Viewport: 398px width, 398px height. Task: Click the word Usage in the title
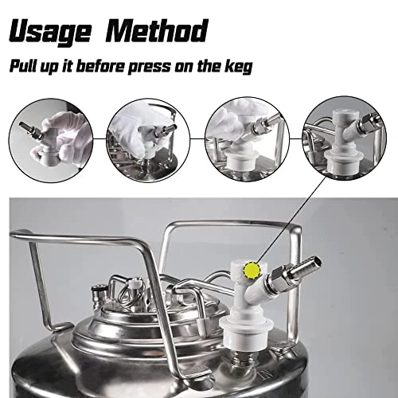click(x=49, y=31)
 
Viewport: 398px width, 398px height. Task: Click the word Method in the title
click(x=157, y=30)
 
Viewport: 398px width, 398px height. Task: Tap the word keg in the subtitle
click(x=239, y=67)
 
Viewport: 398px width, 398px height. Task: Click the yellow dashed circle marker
click(x=252, y=271)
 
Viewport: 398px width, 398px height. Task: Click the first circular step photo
click(x=51, y=140)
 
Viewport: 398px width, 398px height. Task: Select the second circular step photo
click(x=148, y=140)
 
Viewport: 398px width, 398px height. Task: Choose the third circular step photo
click(x=247, y=139)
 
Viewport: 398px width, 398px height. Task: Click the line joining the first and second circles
click(x=99, y=139)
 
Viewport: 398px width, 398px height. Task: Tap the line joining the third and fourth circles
click(x=296, y=139)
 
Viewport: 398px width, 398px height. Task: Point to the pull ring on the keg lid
click(x=130, y=295)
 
